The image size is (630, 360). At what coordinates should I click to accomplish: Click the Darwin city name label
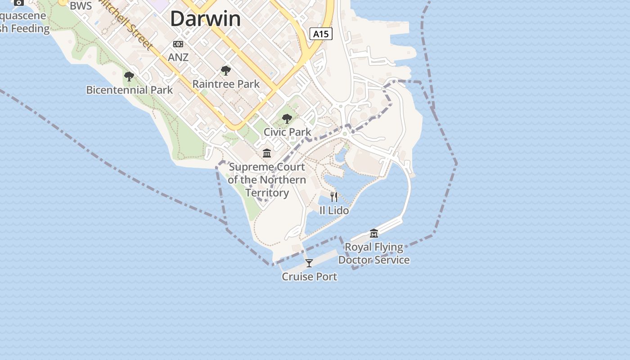pyautogui.click(x=205, y=19)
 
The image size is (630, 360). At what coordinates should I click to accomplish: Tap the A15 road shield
pyautogui.click(x=321, y=34)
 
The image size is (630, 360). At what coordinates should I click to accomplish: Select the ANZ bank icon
pyautogui.click(x=178, y=44)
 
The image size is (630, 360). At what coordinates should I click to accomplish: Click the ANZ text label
pyautogui.click(x=178, y=58)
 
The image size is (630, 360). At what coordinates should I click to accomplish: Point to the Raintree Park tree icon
pyautogui.click(x=226, y=71)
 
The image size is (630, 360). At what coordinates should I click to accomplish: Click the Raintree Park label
pyautogui.click(x=226, y=84)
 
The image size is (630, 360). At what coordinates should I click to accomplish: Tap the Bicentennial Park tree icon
pyautogui.click(x=129, y=76)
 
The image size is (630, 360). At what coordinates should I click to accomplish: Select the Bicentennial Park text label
pyautogui.click(x=129, y=90)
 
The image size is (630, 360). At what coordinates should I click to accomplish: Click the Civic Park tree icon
pyautogui.click(x=287, y=119)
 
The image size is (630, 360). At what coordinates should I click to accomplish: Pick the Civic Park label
pyautogui.click(x=287, y=132)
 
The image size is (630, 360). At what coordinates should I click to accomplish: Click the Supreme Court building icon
pyautogui.click(x=267, y=153)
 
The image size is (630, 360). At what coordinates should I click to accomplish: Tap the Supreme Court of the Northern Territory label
pyautogui.click(x=267, y=180)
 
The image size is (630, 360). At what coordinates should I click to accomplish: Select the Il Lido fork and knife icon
pyautogui.click(x=334, y=197)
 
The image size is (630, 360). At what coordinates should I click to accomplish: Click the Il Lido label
pyautogui.click(x=334, y=210)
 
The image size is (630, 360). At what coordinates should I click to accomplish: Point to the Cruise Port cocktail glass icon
pyautogui.click(x=309, y=263)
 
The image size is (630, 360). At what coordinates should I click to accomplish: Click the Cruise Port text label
pyautogui.click(x=309, y=277)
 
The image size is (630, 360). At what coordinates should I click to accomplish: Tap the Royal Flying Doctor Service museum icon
pyautogui.click(x=374, y=233)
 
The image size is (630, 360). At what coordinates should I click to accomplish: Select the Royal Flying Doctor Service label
pyautogui.click(x=374, y=253)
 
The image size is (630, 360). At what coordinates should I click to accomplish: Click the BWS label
pyautogui.click(x=81, y=6)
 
